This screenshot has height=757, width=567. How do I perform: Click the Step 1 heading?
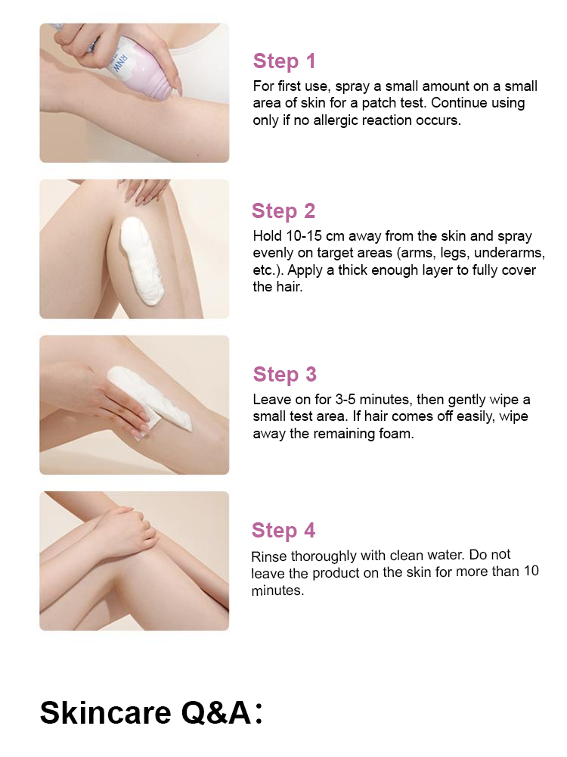284,61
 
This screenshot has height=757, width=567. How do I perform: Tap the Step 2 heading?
283,211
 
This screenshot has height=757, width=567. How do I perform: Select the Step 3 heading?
284,374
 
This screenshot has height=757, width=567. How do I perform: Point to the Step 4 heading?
283,530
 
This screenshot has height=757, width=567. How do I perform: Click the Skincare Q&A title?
151,712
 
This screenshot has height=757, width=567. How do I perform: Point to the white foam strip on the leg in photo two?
141,260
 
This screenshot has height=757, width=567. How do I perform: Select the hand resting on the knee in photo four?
126,531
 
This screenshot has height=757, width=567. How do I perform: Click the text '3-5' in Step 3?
345,400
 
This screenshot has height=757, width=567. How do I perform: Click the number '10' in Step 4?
531,571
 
